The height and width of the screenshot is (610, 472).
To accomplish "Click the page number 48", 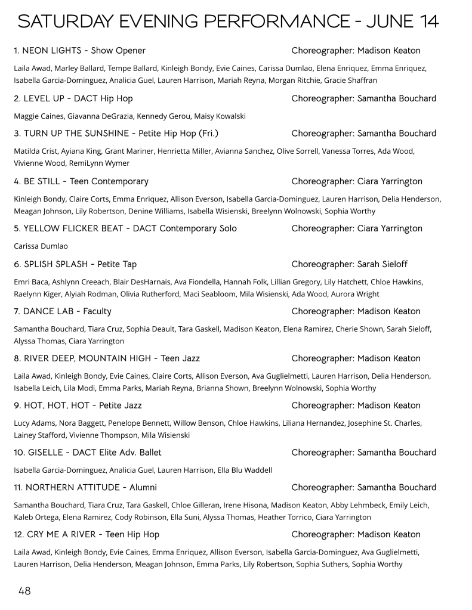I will [x=24, y=591].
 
